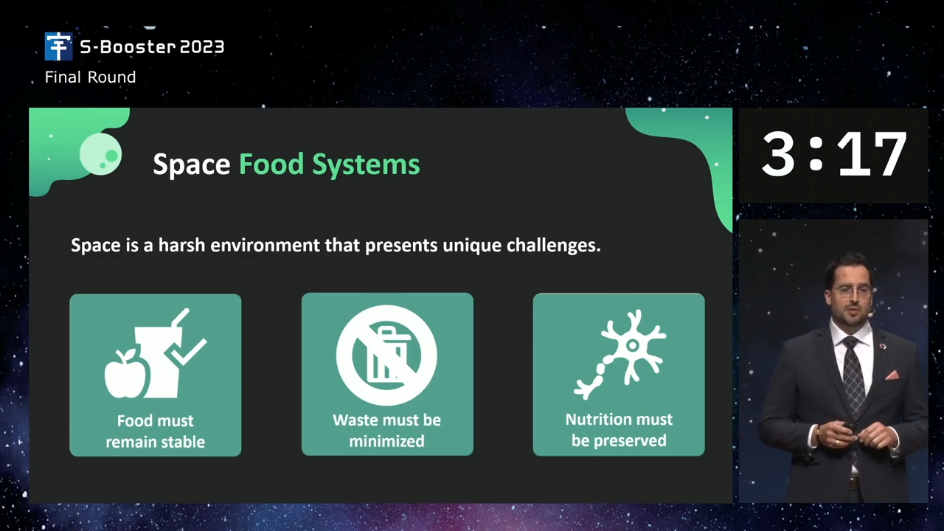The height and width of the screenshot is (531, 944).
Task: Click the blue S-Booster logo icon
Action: (58, 46)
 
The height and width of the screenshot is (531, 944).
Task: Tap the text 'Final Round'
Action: (90, 77)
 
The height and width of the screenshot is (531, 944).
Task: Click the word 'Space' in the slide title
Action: (191, 164)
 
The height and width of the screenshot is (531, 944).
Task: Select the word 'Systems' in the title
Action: (366, 164)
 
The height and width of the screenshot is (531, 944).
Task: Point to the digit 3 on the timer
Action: (778, 153)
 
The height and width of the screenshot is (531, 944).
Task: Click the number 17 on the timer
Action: (872, 153)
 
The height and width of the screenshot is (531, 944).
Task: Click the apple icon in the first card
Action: (126, 374)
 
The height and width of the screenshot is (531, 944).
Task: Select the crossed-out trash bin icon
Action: (386, 355)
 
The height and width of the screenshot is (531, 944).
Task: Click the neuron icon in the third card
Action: (620, 354)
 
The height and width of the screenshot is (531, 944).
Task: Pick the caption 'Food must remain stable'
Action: (155, 431)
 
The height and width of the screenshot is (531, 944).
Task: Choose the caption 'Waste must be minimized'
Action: (386, 430)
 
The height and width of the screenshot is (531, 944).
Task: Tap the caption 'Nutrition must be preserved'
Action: (619, 430)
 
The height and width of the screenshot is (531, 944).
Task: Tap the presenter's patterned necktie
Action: (854, 376)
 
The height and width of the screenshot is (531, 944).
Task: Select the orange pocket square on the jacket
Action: (892, 375)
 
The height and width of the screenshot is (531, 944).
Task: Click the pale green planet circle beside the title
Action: (100, 154)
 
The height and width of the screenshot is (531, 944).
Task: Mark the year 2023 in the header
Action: (202, 46)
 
